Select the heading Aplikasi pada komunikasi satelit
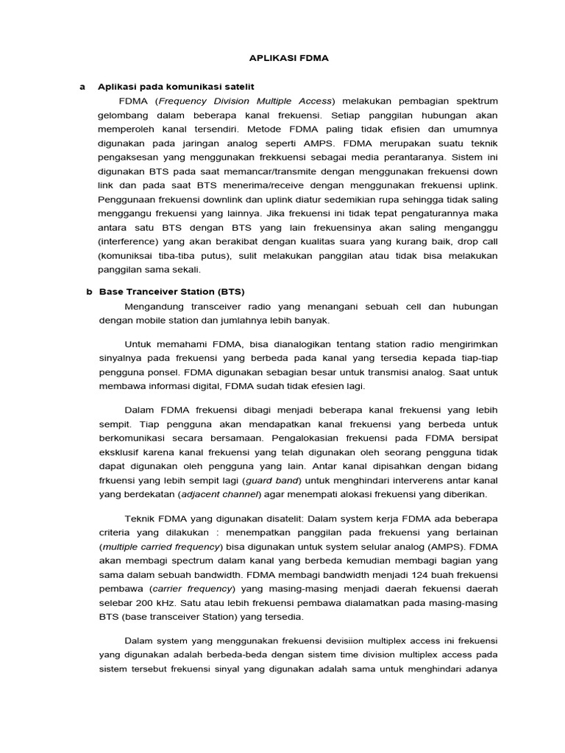166,87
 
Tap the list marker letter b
89,292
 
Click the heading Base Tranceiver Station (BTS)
171,292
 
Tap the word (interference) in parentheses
128,241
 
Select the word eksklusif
121,452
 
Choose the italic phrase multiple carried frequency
160,548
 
